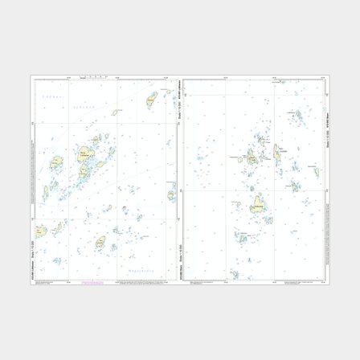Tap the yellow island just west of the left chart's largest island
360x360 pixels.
point(56,163)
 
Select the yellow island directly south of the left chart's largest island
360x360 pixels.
point(83,171)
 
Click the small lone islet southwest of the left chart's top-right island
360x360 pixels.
point(117,112)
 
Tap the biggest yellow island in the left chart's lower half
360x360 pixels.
point(100,242)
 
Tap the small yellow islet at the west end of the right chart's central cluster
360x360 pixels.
point(241,157)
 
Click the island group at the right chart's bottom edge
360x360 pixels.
point(233,273)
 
